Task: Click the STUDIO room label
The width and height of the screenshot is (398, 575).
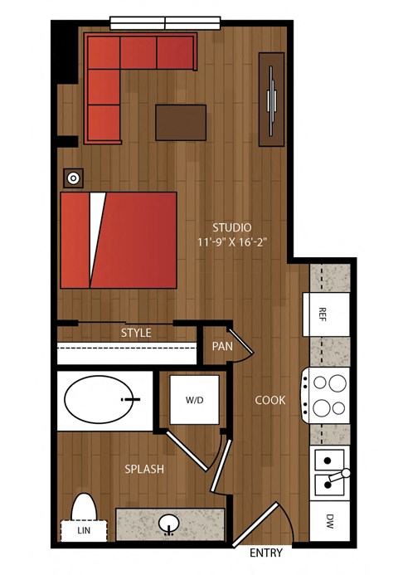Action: tap(232, 227)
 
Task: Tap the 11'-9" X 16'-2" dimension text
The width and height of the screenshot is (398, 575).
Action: tap(232, 242)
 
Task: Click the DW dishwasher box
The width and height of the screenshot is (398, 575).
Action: tap(329, 521)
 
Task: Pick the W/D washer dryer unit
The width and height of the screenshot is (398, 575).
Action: tap(194, 399)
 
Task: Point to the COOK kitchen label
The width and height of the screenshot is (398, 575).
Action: tap(270, 400)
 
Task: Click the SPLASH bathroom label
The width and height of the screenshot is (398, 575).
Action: tap(144, 469)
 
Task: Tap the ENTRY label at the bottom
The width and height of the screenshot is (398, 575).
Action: tap(266, 553)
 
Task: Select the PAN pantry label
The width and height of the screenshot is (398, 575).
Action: tap(222, 346)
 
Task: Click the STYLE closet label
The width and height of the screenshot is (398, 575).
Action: tap(136, 333)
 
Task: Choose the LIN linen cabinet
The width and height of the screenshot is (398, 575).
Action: tap(84, 531)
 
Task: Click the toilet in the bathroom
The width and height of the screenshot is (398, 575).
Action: tap(84, 507)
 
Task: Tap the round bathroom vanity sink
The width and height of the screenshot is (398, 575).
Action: tap(169, 524)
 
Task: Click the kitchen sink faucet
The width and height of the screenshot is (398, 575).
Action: tap(339, 475)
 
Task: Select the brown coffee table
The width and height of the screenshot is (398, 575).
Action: tap(181, 123)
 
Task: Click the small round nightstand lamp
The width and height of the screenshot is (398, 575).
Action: tap(74, 178)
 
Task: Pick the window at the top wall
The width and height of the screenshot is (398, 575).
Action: tap(165, 22)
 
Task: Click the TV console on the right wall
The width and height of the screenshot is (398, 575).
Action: tap(272, 100)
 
